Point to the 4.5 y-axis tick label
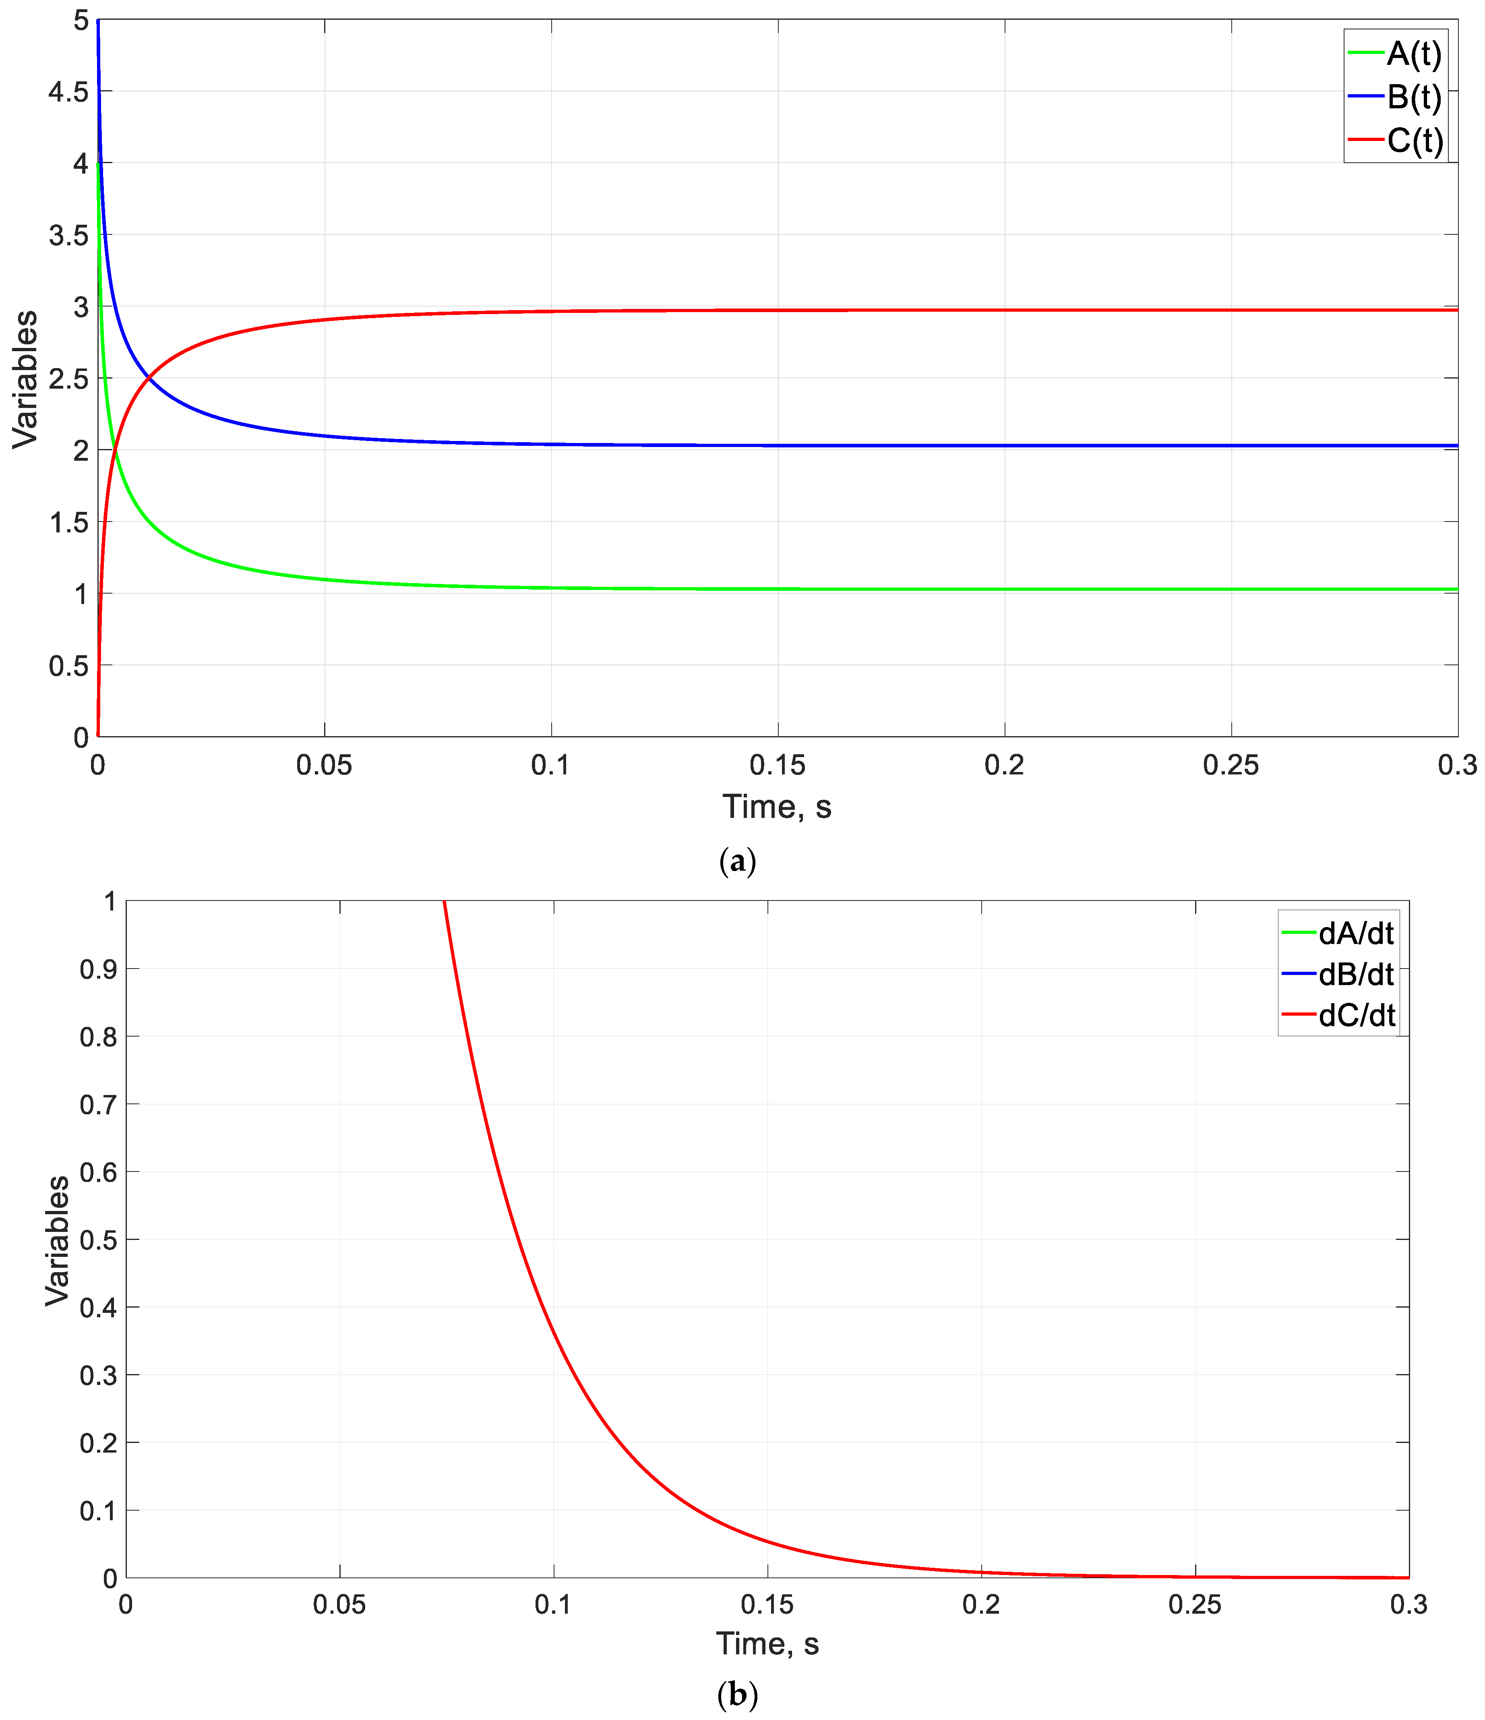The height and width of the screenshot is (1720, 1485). pyautogui.click(x=68, y=91)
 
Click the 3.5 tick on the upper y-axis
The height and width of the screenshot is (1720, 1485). pyautogui.click(x=68, y=235)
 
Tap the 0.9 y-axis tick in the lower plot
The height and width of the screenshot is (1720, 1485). pyautogui.click(x=98, y=969)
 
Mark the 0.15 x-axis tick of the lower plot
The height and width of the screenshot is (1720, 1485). pyautogui.click(x=767, y=1604)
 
